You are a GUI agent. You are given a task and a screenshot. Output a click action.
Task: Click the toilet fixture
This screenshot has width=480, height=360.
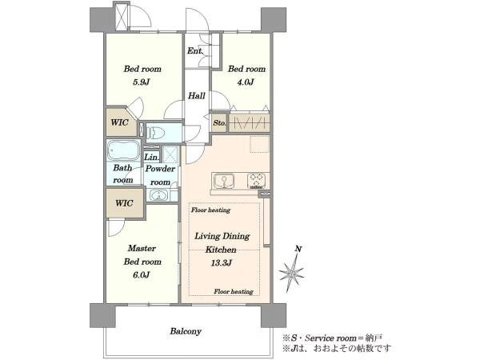pos(156,133)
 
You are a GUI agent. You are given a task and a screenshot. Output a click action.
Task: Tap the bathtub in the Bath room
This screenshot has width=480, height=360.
pos(124,150)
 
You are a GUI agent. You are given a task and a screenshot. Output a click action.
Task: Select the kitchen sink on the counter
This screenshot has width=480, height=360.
pos(224,181)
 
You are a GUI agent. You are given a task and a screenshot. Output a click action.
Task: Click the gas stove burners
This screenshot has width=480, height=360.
pos(256,181)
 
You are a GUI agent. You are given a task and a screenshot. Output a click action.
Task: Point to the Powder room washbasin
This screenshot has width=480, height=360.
pos(158,195)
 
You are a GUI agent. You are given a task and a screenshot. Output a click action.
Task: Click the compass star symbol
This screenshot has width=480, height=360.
pos(291,272)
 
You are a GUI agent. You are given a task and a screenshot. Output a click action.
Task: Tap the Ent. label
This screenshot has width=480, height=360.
pos(195,51)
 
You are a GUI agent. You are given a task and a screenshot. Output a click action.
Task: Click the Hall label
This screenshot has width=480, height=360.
pos(197,96)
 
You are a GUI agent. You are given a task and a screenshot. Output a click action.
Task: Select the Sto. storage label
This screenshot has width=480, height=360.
pos(219,123)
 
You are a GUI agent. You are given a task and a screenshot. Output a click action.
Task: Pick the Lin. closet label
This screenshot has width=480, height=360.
pos(151,158)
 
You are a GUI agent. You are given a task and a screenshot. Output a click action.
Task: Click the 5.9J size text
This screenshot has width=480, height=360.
pos(142,82)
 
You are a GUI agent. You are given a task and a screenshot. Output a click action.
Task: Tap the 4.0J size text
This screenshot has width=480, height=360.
pos(246,82)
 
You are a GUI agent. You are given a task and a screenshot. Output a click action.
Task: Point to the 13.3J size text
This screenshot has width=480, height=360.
pos(221,262)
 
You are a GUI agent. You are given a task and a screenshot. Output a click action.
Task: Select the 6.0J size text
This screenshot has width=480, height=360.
pos(142,275)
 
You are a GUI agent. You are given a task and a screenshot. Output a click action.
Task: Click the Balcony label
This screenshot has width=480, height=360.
pos(186,331)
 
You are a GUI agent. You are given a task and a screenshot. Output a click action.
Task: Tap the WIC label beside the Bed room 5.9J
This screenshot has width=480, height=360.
pos(119,122)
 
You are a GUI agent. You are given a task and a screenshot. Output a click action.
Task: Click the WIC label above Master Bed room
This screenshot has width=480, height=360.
pos(124,203)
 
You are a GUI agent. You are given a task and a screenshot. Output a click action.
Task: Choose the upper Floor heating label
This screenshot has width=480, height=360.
pos(211,210)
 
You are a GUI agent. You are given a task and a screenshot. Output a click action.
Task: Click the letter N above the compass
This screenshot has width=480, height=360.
pos(298,249)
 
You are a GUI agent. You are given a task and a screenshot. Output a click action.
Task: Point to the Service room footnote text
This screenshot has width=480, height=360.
pos(332,338)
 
